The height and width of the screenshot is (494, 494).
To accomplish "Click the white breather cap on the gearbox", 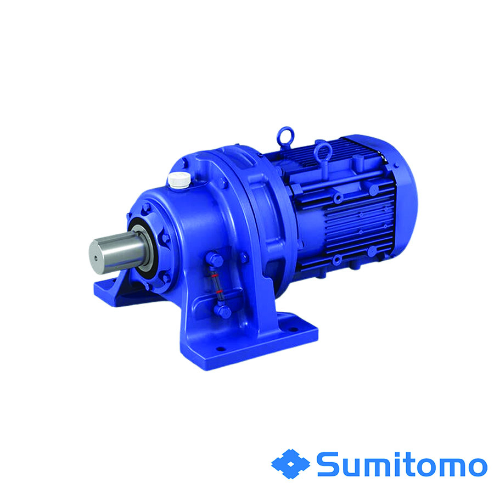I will click(x=178, y=178).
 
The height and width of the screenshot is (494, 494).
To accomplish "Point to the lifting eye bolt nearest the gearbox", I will click(x=285, y=135).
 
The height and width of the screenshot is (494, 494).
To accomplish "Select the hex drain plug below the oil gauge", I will click(x=222, y=311).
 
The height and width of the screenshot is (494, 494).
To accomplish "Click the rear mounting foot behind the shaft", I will click(x=113, y=288).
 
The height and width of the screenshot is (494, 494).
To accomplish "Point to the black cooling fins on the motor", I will click(x=351, y=220).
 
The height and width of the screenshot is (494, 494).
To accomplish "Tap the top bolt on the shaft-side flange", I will click(x=146, y=207).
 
